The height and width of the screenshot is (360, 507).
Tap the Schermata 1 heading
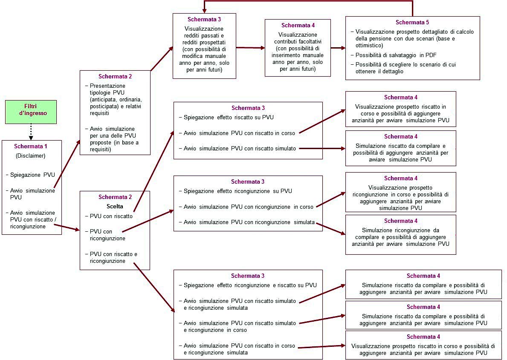[32, 146]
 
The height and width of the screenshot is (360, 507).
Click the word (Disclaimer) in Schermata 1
[31, 156]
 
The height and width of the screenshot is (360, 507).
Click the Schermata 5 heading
[412, 22]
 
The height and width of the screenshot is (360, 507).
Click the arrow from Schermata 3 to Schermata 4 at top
[250, 48]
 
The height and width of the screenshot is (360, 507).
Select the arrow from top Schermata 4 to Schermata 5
[338, 48]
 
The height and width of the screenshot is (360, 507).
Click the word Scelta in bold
[115, 206]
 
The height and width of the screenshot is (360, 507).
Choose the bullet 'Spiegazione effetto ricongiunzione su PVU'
[237, 191]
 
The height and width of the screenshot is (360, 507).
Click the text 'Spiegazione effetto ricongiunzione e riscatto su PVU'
[249, 285]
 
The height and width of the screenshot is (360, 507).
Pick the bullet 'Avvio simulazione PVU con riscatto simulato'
[240, 148]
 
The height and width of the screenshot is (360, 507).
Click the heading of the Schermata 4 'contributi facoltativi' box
[298, 26]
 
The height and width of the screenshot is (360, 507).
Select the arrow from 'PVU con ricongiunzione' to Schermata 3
[149, 225]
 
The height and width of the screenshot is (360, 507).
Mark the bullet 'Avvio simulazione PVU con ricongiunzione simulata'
[249, 222]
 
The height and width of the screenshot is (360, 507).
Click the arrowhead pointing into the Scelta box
[77, 230]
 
